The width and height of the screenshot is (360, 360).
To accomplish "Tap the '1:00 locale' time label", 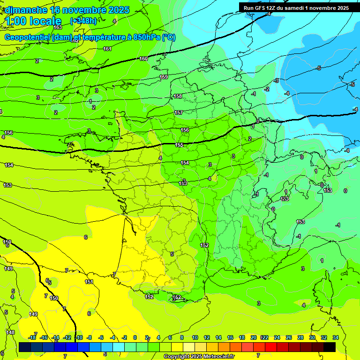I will tap(33, 21).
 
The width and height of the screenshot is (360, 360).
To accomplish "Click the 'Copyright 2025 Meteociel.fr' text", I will tap(199, 357).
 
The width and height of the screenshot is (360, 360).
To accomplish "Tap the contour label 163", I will tap(58, 27).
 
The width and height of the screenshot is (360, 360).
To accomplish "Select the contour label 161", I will tap(107, 49).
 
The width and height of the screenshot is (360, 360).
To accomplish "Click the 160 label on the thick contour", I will tap(143, 59).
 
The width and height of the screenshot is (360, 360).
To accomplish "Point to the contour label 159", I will tap(164, 77).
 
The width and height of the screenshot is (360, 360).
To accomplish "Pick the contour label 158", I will tap(178, 96).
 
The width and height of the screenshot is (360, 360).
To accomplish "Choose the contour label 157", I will tap(179, 113).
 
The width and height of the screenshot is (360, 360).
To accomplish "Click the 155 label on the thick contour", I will tap(179, 145).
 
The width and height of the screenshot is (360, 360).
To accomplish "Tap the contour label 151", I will tap(89, 282).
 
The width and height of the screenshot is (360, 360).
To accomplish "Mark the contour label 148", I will tap(10, 332).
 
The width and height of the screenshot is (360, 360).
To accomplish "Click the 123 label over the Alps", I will tap(285, 199).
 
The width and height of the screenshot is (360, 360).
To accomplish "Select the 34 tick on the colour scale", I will tap(335, 337).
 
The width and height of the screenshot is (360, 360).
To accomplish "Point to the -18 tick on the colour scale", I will tap(32, 337).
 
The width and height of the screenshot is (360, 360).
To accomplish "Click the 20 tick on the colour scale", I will tap(254, 337).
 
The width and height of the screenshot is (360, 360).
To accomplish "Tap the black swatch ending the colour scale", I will tap(330, 347).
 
